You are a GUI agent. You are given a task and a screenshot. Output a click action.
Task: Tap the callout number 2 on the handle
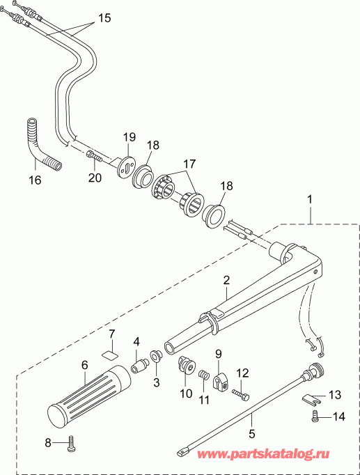click(226, 281)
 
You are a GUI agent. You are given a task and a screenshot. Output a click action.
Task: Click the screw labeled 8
click(71, 444)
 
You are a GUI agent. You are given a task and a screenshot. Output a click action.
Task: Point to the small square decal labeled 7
click(110, 354)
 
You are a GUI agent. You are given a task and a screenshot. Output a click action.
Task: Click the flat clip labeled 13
click(315, 400)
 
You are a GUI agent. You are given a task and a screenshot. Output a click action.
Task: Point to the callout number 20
click(95, 178)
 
